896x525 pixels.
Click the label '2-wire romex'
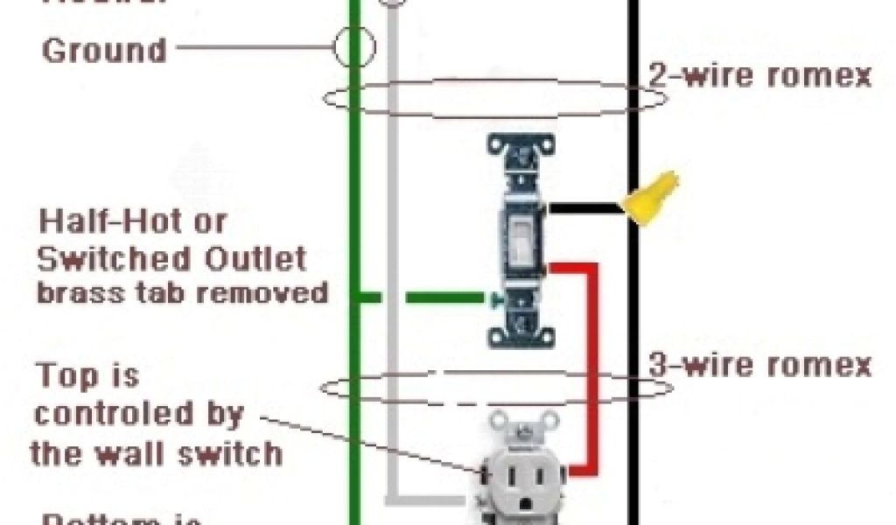759,75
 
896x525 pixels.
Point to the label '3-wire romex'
759,365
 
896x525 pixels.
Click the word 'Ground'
104,50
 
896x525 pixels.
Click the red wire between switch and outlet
593,367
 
